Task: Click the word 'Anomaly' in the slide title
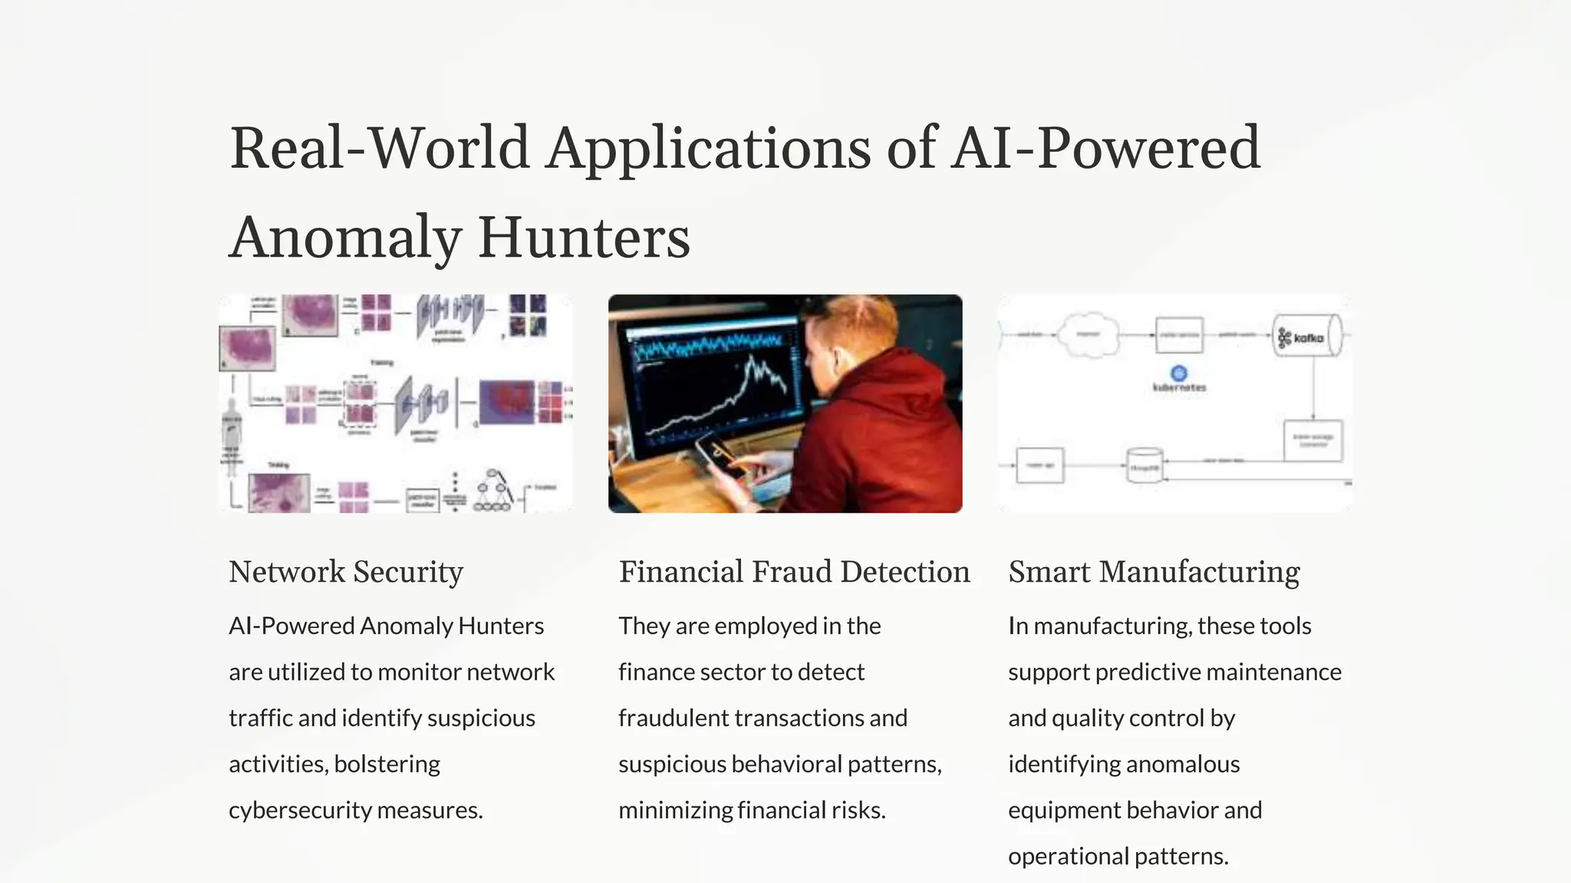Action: [344, 238]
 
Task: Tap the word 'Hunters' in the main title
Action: [584, 238]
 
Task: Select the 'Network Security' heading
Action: [346, 572]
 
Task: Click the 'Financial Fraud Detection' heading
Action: [794, 572]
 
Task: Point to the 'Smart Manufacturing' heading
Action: [1154, 572]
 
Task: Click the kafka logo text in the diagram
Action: [1308, 338]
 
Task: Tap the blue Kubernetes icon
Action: [1179, 373]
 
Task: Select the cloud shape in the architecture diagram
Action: [1088, 335]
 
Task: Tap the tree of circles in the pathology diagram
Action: [492, 491]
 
